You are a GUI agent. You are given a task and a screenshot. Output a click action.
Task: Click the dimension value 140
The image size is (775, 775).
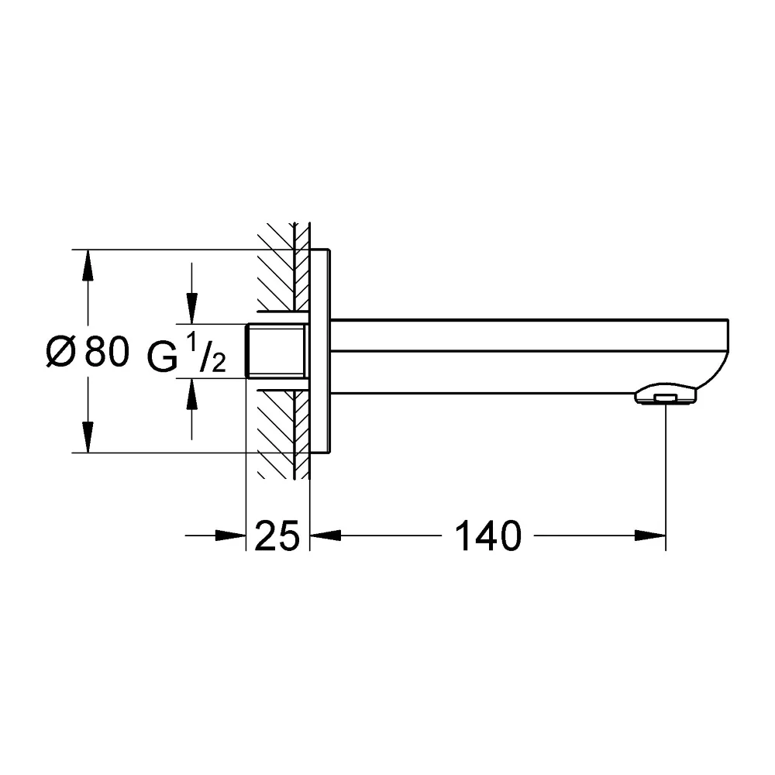pos(487,536)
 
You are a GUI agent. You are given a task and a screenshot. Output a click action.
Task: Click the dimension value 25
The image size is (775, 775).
pos(277,536)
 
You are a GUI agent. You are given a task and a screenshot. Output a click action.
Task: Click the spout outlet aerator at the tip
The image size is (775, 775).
pos(666,396)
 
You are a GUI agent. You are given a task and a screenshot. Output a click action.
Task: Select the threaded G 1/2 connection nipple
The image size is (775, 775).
pos(276,351)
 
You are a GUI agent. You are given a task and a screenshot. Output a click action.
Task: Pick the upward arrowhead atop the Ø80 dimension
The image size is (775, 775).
pos(88,265)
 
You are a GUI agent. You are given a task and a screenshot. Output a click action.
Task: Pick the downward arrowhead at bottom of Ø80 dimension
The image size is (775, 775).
pos(88,437)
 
